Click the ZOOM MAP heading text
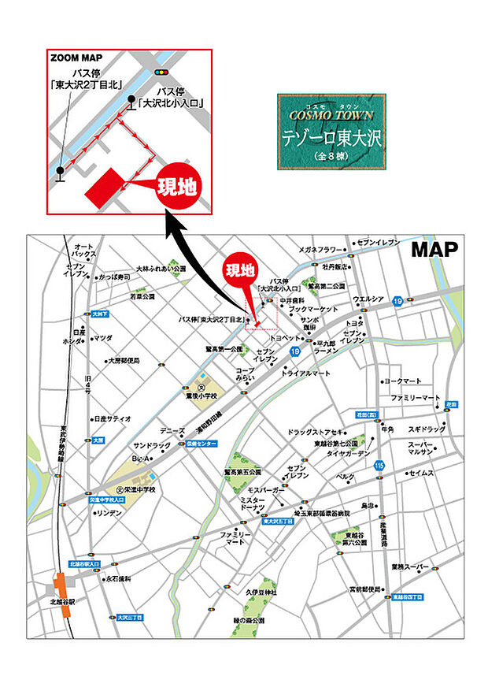point(76,58)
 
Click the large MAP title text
point(435,250)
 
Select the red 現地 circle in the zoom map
point(179,188)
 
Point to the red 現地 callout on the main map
point(240,270)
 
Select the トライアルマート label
point(306,372)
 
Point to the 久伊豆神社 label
point(261,592)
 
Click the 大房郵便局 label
point(124,360)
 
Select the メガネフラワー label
point(321,250)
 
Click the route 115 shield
point(379,465)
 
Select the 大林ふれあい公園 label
point(161,269)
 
